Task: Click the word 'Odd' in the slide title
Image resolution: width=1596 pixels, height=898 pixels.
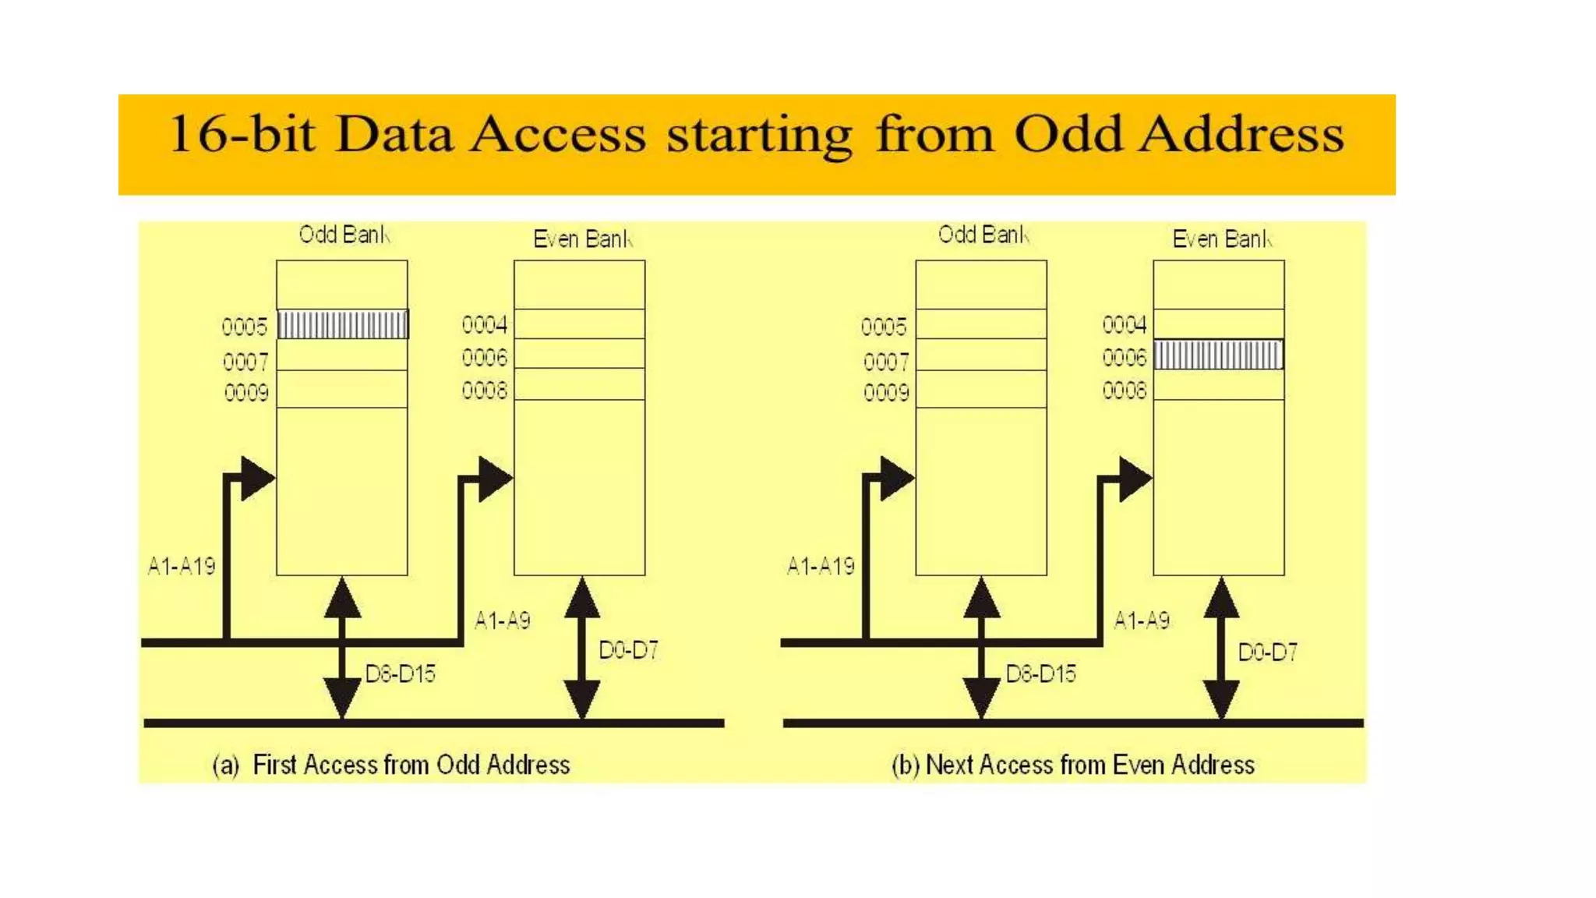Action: click(x=1068, y=134)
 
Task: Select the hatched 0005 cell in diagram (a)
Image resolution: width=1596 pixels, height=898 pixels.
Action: click(x=342, y=324)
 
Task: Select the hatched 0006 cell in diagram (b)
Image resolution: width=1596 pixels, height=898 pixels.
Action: click(x=1218, y=355)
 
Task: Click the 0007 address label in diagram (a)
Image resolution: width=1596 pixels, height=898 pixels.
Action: click(x=245, y=362)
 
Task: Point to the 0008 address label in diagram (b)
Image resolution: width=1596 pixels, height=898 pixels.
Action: click(x=1124, y=390)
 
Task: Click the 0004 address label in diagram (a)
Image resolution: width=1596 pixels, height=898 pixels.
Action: click(x=484, y=324)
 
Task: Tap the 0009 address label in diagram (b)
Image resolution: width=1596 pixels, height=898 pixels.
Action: click(x=885, y=391)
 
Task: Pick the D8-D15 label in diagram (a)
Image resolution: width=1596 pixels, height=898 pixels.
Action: click(x=400, y=673)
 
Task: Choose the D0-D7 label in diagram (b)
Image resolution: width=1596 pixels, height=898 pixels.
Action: click(x=1267, y=652)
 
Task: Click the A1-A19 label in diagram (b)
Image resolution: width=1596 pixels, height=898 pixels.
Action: click(x=821, y=566)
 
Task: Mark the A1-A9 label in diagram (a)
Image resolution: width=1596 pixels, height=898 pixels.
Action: click(x=503, y=620)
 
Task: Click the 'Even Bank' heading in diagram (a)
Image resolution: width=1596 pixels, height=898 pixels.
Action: click(x=582, y=239)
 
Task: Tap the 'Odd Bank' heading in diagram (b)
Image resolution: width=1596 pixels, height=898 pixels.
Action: click(x=983, y=235)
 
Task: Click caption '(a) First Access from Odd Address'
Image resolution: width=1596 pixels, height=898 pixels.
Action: click(x=391, y=765)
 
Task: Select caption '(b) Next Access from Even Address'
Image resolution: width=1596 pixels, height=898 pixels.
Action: click(x=1073, y=765)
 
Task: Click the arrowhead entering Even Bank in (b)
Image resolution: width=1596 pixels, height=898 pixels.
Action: click(x=1135, y=478)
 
